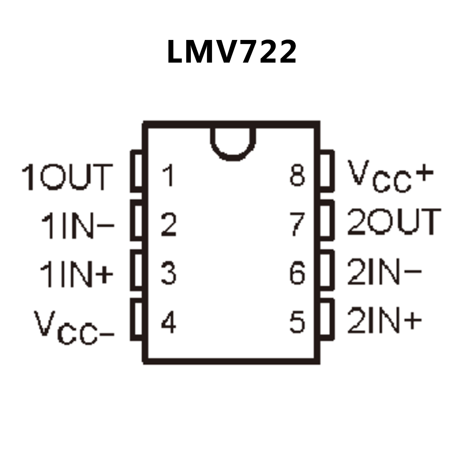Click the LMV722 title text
pos(232,52)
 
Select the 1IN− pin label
pos(77,226)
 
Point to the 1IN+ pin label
pos(76,275)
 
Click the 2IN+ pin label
pos(384,320)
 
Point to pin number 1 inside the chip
pos(168,176)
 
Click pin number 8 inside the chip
pos(297,176)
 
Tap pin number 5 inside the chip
pos(297,322)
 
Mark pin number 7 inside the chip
pos(297,224)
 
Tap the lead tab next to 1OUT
pos(137,171)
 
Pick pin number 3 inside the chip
pos(169,273)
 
